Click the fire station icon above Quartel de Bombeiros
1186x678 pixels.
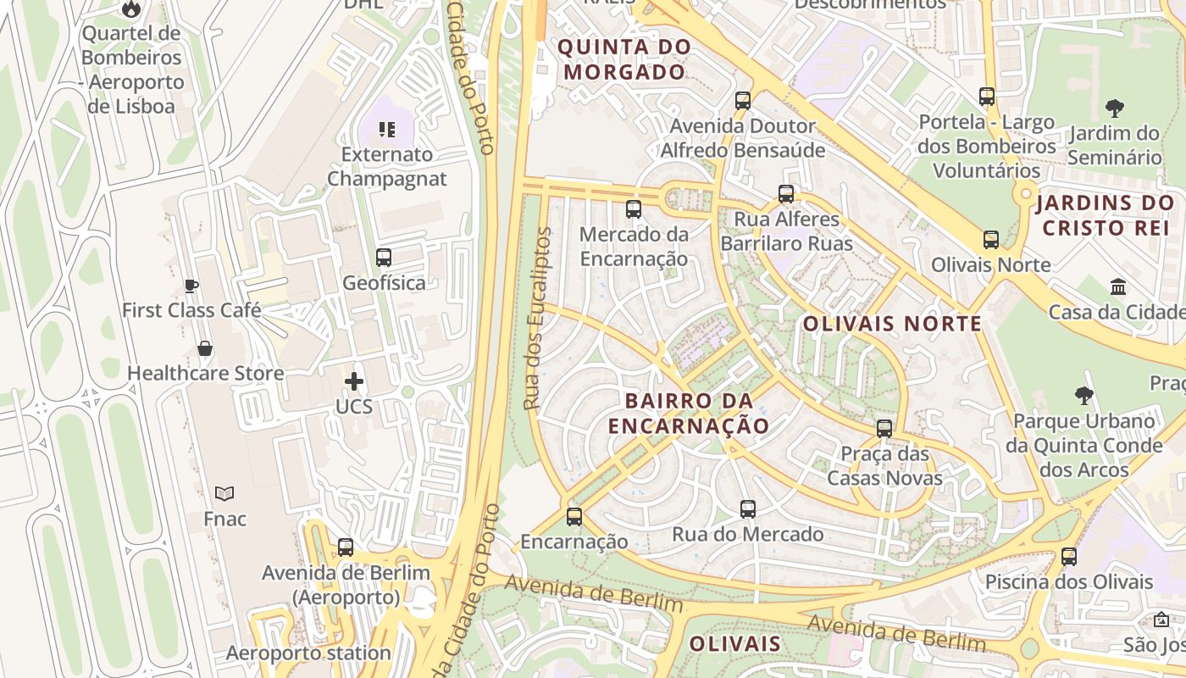(130, 9)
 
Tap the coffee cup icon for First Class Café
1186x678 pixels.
(191, 286)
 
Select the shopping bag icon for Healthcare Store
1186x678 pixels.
(204, 348)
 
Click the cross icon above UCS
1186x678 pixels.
(354, 382)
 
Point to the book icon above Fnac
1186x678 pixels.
(224, 493)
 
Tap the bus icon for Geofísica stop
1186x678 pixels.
(384, 258)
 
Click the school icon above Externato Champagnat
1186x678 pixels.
(387, 130)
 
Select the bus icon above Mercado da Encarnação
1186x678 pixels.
(634, 209)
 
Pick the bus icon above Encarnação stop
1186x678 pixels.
(574, 516)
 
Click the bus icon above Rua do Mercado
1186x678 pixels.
(748, 509)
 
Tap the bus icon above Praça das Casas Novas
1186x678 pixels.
(884, 429)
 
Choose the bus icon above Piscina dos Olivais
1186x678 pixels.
(1069, 557)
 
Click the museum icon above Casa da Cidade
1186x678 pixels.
(1117, 287)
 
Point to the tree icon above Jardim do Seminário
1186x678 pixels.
(1115, 108)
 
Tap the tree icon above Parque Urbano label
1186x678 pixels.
(1083, 396)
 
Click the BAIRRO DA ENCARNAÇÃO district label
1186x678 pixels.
(688, 413)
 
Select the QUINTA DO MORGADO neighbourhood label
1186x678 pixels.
(624, 59)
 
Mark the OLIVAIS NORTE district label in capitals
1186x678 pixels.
(892, 324)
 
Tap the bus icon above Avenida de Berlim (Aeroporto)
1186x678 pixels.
(346, 547)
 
